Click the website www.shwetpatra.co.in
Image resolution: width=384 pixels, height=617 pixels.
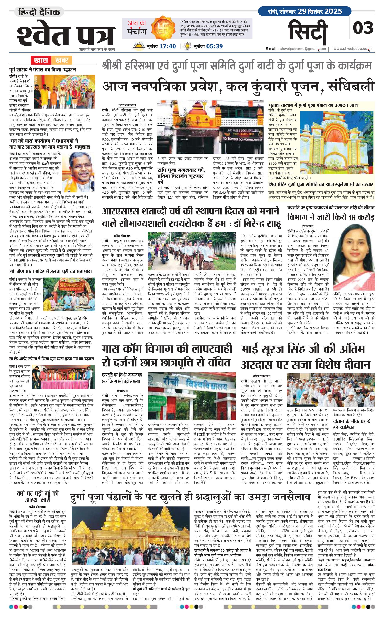pos(352,49)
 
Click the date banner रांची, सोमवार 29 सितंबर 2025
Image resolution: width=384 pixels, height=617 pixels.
pos(305,11)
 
